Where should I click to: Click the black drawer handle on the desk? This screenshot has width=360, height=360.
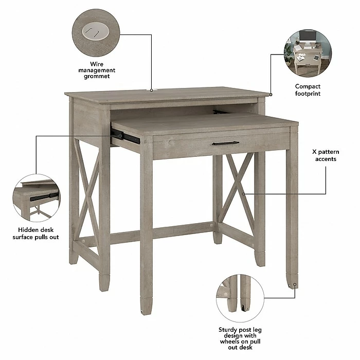pos(225,143)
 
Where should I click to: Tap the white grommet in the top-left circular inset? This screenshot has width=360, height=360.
pos(96,31)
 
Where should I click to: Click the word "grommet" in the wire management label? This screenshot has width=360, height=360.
pos(97,76)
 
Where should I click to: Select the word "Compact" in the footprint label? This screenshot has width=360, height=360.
pos(308,86)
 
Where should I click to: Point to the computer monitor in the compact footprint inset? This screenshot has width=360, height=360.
pos(308,37)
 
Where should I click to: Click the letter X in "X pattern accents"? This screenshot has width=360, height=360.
pos(314,152)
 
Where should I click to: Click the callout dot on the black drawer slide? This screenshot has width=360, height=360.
pos(120,136)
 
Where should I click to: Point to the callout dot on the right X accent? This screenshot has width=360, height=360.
pos(243,194)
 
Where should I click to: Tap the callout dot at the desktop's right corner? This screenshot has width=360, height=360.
pos(271,95)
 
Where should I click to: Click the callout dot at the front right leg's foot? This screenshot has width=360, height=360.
pos(295,285)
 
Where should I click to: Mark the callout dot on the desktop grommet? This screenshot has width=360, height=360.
pos(152,91)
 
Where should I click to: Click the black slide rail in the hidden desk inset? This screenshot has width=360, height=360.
pos(44,197)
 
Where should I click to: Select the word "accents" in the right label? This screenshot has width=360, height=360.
pos(326,159)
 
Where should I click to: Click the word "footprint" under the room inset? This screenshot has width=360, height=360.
pos(308,94)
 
